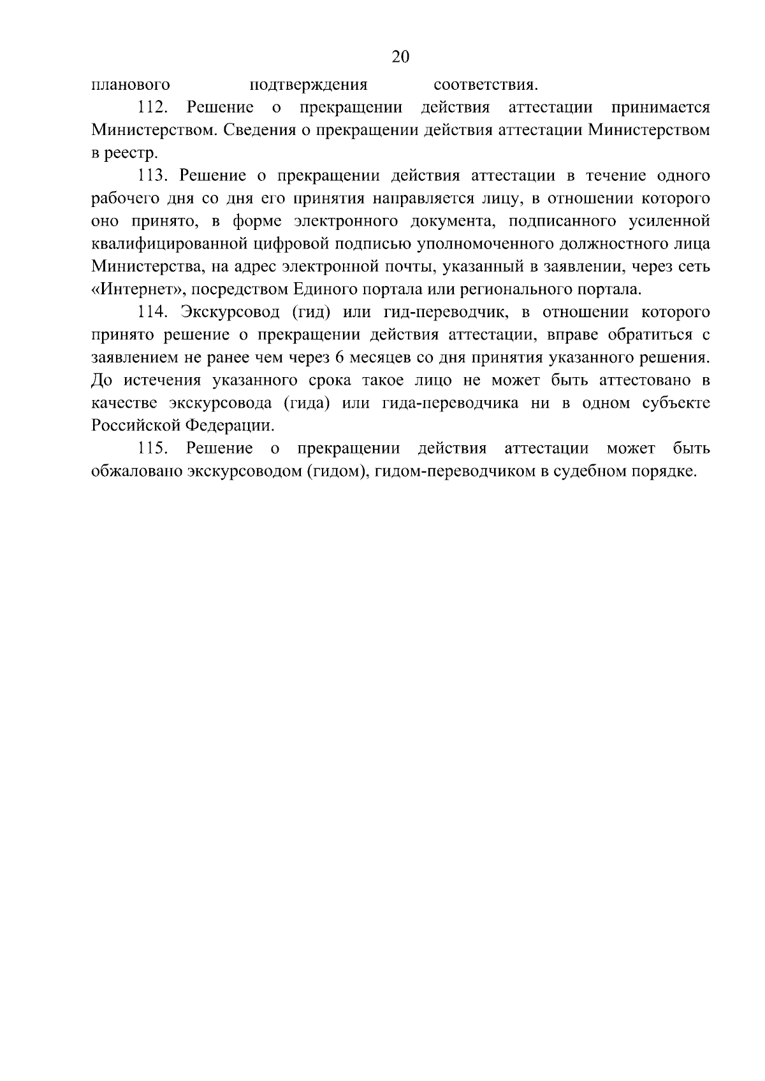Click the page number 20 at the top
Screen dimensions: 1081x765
pyautogui.click(x=400, y=57)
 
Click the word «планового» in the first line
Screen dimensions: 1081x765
pyautogui.click(x=130, y=85)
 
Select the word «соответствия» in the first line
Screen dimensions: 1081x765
pyautogui.click(x=484, y=85)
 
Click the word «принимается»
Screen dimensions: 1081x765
pyautogui.click(x=660, y=108)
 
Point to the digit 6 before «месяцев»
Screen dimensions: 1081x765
pyautogui.click(x=338, y=358)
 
